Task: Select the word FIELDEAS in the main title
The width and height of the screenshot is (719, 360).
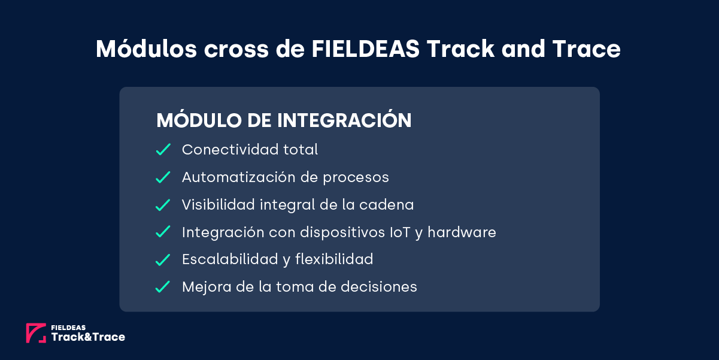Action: [366, 49]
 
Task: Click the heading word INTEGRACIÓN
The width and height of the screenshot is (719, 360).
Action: [344, 120]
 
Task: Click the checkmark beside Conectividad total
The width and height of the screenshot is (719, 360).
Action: [163, 150]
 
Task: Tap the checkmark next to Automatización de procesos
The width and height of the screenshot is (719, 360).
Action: [163, 177]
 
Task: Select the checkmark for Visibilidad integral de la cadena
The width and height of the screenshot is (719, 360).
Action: [163, 205]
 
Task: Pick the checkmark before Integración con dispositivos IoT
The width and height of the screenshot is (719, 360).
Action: [163, 232]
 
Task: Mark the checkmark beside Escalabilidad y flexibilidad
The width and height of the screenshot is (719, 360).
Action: [163, 260]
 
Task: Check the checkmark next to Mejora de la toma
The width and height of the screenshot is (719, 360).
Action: [163, 288]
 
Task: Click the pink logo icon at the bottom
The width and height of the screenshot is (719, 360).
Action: [36, 333]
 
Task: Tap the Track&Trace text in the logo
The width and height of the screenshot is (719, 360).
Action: [88, 337]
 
